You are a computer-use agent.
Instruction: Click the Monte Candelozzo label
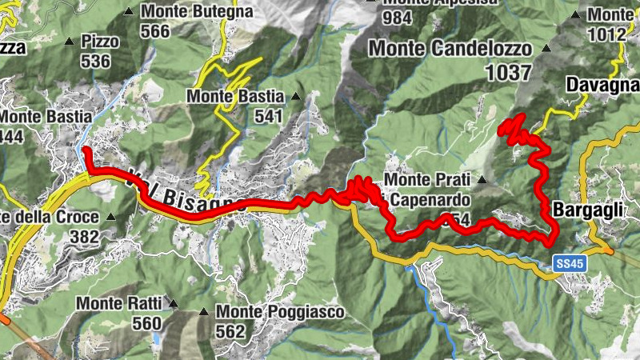pos(450,49)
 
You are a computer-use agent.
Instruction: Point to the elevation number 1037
pos(508,73)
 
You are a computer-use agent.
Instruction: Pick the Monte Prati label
pos(431,180)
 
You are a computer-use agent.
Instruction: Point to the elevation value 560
pos(147,323)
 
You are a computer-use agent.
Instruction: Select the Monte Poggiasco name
pos(279,311)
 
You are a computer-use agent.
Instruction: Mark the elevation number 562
pos(230,330)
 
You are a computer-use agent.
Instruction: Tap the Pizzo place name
pos(100,41)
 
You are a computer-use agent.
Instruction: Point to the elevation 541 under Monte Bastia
pos(270,116)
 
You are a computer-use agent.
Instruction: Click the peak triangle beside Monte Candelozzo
pos(547,49)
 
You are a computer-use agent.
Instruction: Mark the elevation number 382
pos(84,237)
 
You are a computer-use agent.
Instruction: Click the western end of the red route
pos(85,149)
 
